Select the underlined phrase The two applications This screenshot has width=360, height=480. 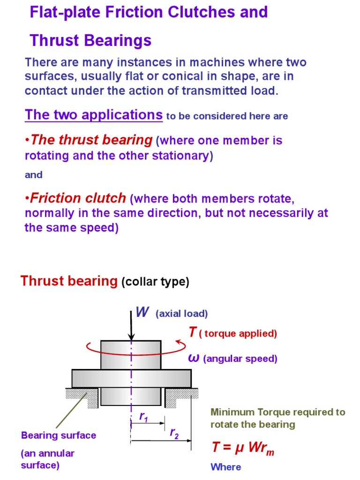(x=94, y=115)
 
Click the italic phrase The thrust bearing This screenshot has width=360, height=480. (x=91, y=140)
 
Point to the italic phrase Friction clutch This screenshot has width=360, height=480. (x=78, y=198)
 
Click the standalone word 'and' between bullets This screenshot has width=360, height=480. (x=33, y=175)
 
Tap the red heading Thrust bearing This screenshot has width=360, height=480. (x=69, y=281)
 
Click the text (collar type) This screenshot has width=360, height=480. (x=155, y=282)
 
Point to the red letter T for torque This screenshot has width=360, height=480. (x=192, y=332)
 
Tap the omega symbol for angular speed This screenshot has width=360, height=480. (x=194, y=359)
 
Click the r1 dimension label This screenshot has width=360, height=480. (x=143, y=416)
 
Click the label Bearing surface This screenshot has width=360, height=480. (x=59, y=435)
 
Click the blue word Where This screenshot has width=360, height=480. (x=226, y=467)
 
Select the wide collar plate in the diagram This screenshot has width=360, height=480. (x=131, y=378)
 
